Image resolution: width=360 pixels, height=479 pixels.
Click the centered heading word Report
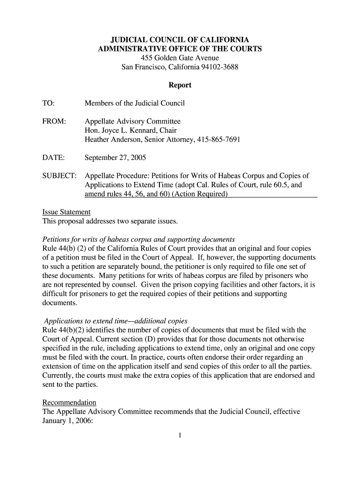pyautogui.click(x=180, y=86)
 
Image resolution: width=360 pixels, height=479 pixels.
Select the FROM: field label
pyautogui.click(x=54, y=121)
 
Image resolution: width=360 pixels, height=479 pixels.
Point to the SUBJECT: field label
pyautogui.click(x=59, y=176)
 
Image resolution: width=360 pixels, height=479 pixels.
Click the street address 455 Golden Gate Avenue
pyautogui.click(x=180, y=58)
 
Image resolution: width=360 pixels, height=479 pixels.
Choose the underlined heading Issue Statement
pyautogui.click(x=66, y=212)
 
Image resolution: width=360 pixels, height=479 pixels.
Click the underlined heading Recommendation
pyautogui.click(x=69, y=402)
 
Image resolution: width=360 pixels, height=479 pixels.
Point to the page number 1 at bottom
pyautogui.click(x=180, y=437)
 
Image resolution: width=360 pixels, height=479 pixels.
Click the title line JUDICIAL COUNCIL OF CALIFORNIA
pyautogui.click(x=180, y=40)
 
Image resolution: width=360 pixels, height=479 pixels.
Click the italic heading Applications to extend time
pyautogui.click(x=115, y=321)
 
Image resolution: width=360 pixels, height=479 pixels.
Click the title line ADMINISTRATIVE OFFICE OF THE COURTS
pyautogui.click(x=180, y=49)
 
